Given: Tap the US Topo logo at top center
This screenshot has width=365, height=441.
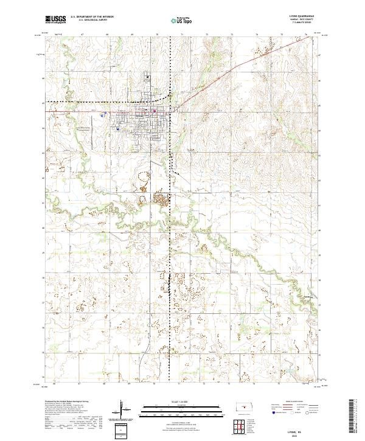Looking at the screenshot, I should point(175,20).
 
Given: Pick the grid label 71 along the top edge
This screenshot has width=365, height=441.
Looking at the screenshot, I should point(182,35).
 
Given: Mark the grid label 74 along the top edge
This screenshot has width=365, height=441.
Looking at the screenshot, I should point(257,35).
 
